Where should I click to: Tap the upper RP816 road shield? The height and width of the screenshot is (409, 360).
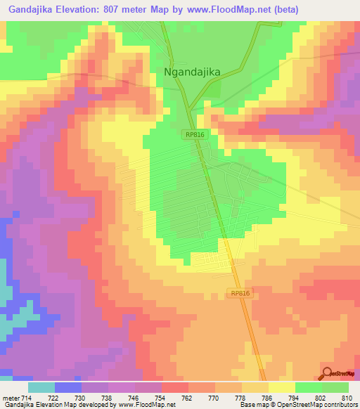click(x=194, y=134)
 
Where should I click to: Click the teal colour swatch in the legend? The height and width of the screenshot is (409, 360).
click(x=41, y=387)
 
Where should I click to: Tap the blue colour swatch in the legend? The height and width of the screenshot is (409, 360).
click(x=68, y=387)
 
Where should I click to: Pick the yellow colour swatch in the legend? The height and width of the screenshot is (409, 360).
click(x=281, y=387)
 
